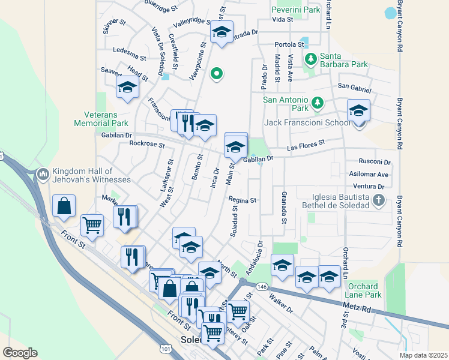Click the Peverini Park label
tap(295, 10)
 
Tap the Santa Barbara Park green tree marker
tap(310, 59)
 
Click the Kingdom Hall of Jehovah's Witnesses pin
tap(43, 175)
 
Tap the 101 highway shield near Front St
tap(166, 347)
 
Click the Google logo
tap(20, 352)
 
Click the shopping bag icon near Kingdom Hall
tap(64, 206)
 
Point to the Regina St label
tap(243, 200)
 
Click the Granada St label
tap(283, 206)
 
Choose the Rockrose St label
tap(146, 144)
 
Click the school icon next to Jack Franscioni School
tap(358, 111)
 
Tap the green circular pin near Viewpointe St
tap(217, 74)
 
